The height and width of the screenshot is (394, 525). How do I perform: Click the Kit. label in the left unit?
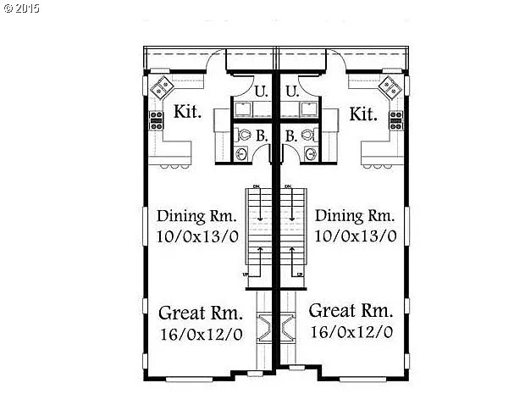(x=187, y=113)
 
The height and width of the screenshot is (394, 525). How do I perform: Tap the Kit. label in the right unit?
(x=362, y=113)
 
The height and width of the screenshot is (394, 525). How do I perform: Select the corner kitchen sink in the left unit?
(x=161, y=86)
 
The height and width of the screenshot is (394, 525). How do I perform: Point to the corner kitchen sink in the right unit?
(x=389, y=86)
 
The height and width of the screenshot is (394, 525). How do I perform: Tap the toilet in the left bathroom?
(x=243, y=134)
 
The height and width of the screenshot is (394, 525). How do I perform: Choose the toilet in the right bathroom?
(x=309, y=134)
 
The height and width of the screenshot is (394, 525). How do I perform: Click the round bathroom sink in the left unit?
(x=243, y=153)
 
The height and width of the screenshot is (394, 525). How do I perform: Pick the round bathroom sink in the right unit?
(x=310, y=153)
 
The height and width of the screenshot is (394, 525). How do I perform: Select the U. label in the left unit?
(x=261, y=91)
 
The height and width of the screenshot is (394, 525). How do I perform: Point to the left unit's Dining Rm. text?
(x=192, y=215)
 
